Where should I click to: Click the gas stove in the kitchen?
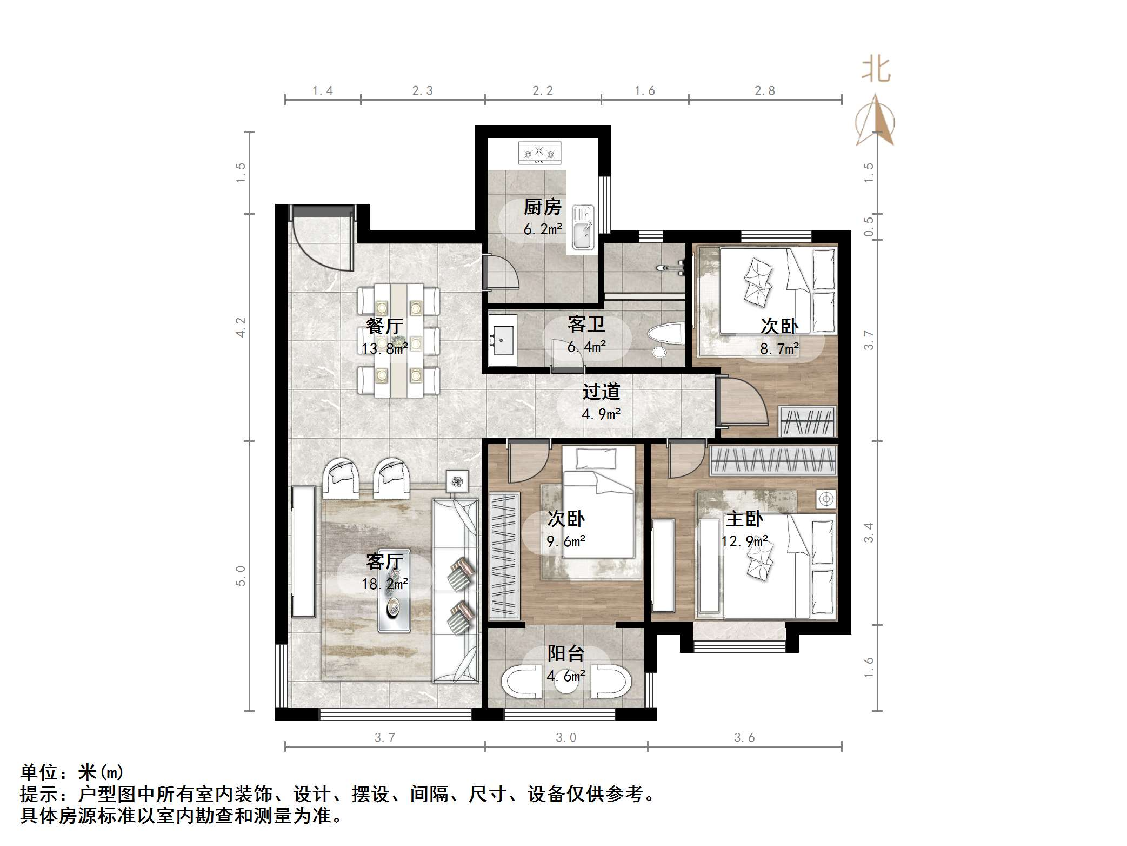(539, 153)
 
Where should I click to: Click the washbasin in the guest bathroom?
(502, 340)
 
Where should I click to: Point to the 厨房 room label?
(542, 207)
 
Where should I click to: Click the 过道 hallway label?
(601, 392)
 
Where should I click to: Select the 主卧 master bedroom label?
(744, 519)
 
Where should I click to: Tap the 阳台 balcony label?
(565, 654)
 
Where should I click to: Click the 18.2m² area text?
(385, 584)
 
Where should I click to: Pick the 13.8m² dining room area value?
(384, 349)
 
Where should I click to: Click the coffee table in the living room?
(394, 591)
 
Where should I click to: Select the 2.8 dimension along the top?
(765, 91)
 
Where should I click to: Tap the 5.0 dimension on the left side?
(241, 576)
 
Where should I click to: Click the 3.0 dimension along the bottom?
(565, 738)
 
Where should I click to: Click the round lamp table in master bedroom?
(826, 499)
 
